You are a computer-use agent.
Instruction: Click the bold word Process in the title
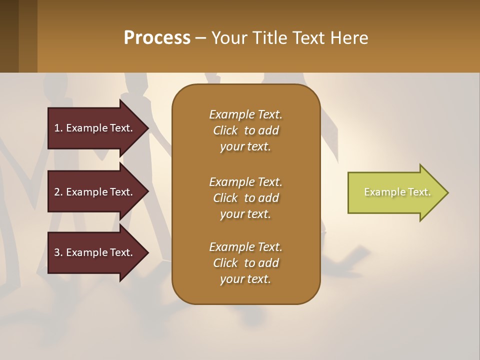point(157,38)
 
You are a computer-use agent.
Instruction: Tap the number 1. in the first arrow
point(58,128)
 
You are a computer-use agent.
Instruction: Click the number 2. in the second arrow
point(58,192)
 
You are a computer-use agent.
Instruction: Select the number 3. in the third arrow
point(58,252)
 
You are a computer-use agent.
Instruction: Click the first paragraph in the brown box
point(245,130)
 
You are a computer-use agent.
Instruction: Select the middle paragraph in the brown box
point(245,197)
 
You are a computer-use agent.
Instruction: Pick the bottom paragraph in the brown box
point(245,263)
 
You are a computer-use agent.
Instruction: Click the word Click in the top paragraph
point(225,130)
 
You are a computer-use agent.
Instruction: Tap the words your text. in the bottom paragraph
point(245,279)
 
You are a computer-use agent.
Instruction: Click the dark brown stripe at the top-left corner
point(9,36)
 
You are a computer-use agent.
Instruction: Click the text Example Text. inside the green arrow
point(397,192)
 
